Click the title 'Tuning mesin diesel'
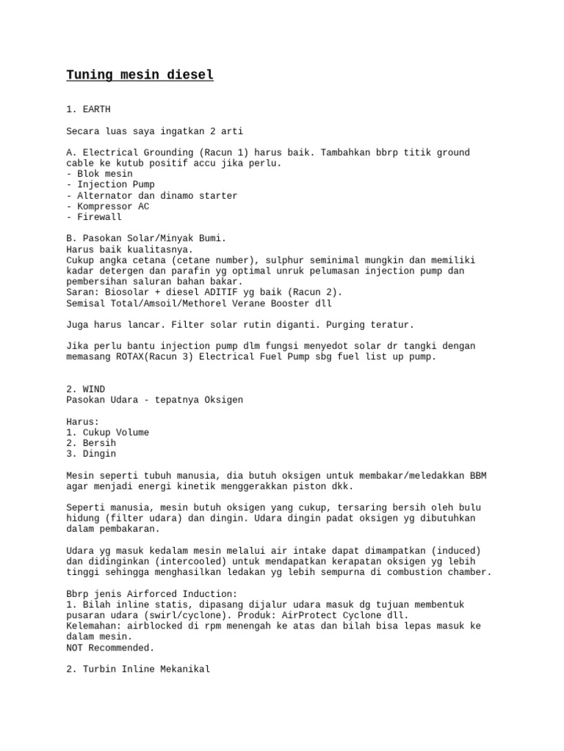click(140, 75)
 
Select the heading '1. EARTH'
click(88, 109)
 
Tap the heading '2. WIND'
click(85, 389)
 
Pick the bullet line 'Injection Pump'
click(110, 185)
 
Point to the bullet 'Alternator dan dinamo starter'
click(151, 196)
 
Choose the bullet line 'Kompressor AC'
click(107, 206)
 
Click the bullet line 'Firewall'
click(94, 217)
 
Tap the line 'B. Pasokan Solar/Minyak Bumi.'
click(146, 239)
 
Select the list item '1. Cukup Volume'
click(107, 433)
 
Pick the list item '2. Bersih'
click(91, 443)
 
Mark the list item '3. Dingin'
click(91, 454)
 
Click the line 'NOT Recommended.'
click(110, 648)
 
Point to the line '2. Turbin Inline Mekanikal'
click(137, 669)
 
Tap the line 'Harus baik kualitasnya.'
click(129, 249)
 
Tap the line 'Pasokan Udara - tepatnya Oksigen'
click(154, 400)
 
